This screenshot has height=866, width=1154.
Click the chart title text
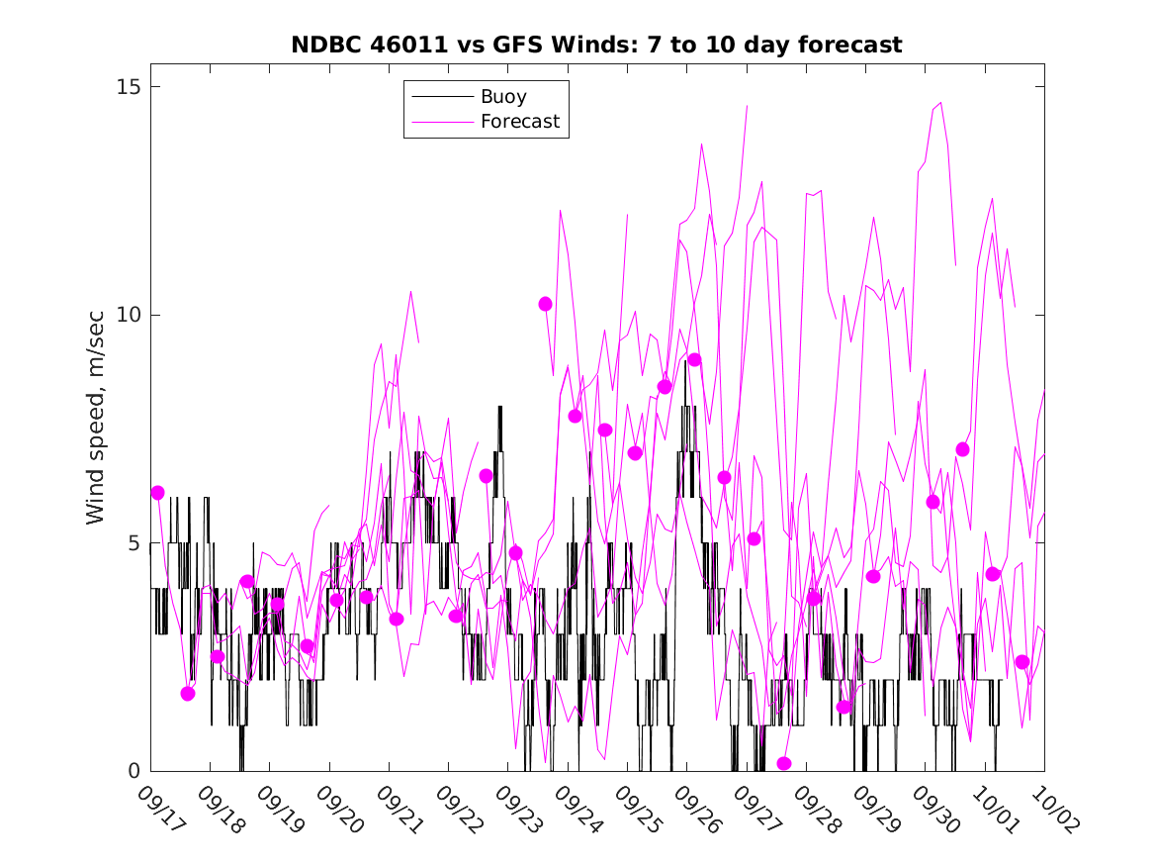pos(596,45)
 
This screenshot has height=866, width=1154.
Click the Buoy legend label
pos(503,97)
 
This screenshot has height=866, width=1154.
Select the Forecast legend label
pos(520,122)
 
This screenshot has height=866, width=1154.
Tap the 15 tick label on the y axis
pos(127,87)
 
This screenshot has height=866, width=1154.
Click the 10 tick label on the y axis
pos(127,315)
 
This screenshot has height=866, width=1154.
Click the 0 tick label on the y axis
pos(133,771)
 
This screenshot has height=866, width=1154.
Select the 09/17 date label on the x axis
pos(159,809)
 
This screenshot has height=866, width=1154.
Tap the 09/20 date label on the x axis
pos(338,809)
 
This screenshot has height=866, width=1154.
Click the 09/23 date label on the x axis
pos(517,809)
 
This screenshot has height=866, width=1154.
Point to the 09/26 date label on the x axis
pos(696,809)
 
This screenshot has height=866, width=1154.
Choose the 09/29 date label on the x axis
pos(875,809)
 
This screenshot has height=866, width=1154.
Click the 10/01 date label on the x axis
pos(995,809)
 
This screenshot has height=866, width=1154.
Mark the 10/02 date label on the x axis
pos(1054,809)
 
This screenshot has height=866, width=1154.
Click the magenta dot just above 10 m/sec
pos(545,304)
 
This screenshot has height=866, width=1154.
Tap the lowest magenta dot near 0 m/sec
pos(784,763)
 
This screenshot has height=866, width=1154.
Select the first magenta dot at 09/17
pos(157,493)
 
